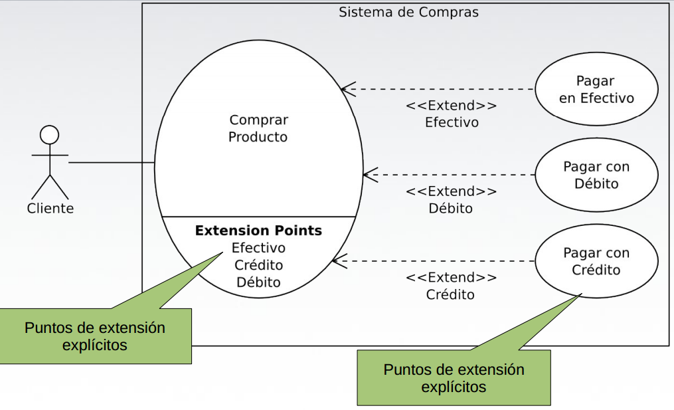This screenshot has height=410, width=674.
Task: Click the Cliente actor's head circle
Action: (x=49, y=135)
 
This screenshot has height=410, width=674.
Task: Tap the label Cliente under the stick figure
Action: (x=50, y=209)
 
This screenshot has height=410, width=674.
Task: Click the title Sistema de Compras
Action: (x=408, y=12)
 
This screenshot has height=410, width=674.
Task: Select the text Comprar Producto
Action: (x=258, y=128)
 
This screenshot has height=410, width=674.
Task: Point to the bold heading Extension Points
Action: (x=258, y=231)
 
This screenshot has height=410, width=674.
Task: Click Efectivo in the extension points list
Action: (x=258, y=248)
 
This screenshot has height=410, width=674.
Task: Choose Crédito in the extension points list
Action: (x=258, y=265)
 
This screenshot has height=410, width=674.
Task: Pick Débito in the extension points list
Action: (x=258, y=282)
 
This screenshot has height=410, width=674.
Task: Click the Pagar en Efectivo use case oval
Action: (x=596, y=90)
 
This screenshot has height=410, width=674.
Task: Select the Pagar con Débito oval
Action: (x=596, y=175)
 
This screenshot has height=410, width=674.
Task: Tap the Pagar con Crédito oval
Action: (x=596, y=261)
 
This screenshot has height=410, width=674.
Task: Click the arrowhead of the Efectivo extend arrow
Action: (x=345, y=89)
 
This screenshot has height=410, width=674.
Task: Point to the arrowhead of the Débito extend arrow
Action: (x=367, y=175)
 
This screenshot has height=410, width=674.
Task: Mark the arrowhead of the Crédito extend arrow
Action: (x=336, y=261)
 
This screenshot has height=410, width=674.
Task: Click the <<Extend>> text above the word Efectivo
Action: (x=451, y=106)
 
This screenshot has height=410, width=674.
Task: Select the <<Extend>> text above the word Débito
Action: (x=451, y=191)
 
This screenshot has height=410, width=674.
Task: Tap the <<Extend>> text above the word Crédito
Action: (x=451, y=277)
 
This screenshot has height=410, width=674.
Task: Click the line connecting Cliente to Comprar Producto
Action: (x=112, y=163)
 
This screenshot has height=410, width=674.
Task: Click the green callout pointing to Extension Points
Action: (x=95, y=336)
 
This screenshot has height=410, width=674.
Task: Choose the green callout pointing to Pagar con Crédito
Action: (x=454, y=377)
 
